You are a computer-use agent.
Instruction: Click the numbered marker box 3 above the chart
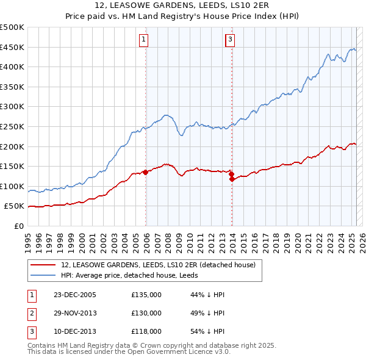(230, 40)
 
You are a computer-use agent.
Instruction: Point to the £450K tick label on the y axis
(12, 48)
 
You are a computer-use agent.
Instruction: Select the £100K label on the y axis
(12, 187)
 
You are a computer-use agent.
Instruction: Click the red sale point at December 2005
(146, 173)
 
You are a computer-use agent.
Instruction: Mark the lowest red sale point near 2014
(232, 179)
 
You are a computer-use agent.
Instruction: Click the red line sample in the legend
(43, 265)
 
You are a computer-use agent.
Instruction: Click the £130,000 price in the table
(146, 314)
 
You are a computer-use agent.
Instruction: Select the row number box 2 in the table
(32, 314)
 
